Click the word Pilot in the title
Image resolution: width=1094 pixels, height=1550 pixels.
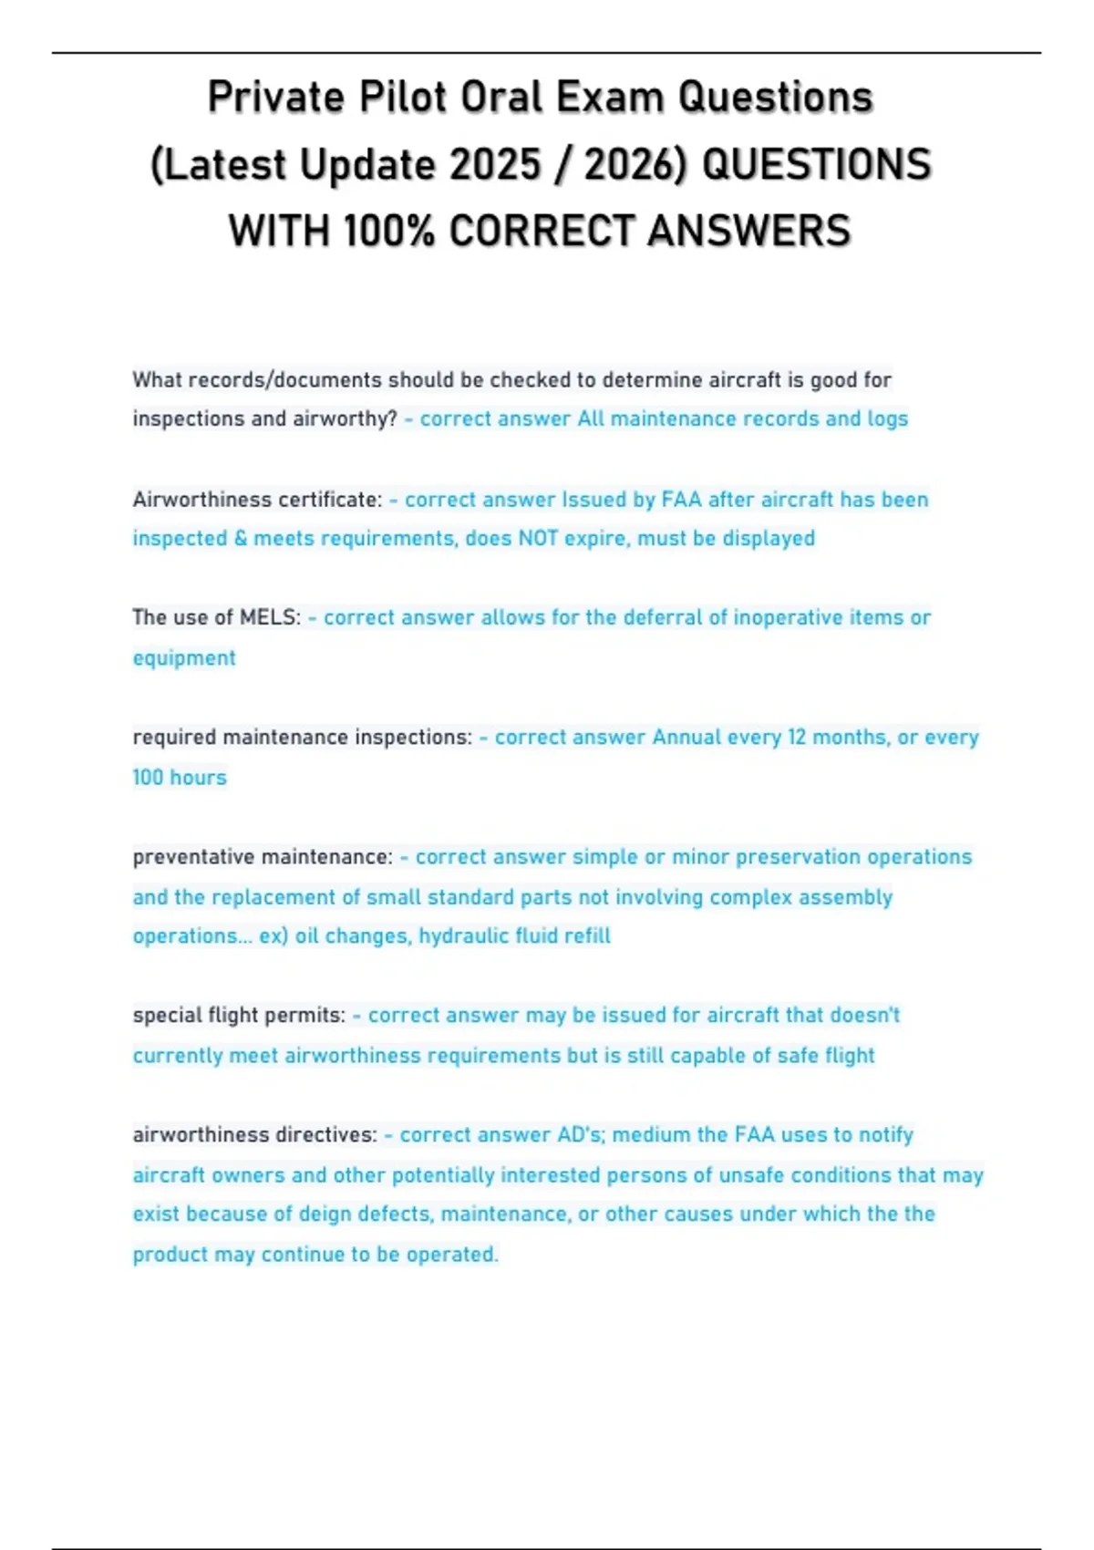402,98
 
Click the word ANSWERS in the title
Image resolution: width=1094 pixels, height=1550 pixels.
749,231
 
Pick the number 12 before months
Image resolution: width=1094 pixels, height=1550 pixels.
797,737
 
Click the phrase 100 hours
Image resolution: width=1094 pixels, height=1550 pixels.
180,777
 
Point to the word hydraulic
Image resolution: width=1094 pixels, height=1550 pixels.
460,935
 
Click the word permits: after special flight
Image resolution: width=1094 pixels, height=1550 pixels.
312,1015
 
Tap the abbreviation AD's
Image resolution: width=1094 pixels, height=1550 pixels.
580,1134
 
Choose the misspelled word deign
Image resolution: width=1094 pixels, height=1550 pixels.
325,1214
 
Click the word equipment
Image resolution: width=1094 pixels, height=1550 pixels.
184,658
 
